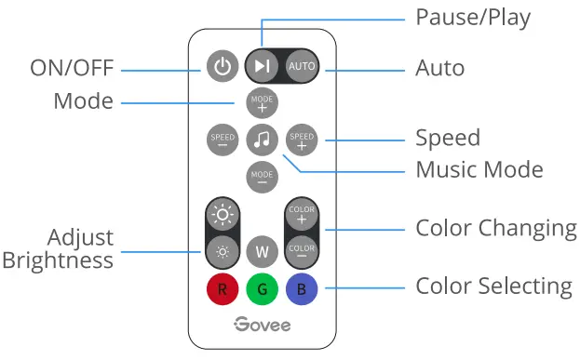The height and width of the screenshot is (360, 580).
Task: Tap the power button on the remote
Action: (222, 67)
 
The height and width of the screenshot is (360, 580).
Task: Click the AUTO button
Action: (301, 67)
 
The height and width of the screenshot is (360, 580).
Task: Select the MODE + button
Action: (262, 102)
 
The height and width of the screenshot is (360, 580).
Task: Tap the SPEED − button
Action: (222, 140)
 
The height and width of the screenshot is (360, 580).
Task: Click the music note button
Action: (262, 140)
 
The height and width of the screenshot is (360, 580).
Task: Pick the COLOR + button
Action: (302, 214)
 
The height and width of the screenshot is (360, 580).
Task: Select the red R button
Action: (222, 289)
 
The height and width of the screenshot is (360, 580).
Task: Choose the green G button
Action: (262, 289)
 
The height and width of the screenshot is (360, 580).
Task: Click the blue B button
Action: (302, 289)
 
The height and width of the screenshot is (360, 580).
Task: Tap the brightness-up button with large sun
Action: (222, 215)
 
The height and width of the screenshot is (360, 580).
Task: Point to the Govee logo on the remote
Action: (262, 325)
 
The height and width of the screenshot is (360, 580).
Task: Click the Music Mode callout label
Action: (479, 169)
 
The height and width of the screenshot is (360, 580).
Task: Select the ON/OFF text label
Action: (71, 69)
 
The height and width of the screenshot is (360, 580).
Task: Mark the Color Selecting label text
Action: (493, 285)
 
